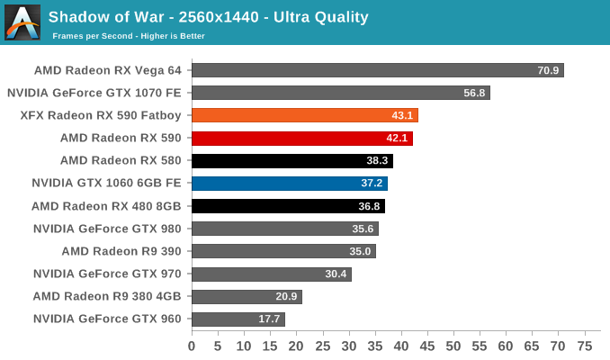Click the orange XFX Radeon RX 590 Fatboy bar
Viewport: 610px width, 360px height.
pyautogui.click(x=304, y=115)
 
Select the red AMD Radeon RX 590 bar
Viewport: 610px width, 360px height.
pyautogui.click(x=301, y=138)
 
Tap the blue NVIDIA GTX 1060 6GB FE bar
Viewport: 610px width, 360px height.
pyautogui.click(x=289, y=183)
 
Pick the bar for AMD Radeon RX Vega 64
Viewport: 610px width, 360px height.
pyautogui.click(x=377, y=70)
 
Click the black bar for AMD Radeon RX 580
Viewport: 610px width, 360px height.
pyautogui.click(x=292, y=160)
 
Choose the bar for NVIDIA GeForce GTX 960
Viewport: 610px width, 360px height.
pyautogui.click(x=238, y=319)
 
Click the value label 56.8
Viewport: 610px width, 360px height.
pyautogui.click(x=474, y=93)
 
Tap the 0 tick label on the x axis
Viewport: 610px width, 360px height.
pyautogui.click(x=192, y=346)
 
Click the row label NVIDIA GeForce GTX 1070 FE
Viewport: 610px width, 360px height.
pyautogui.click(x=94, y=93)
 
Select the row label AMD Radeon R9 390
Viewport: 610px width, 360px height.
pyautogui.click(x=121, y=251)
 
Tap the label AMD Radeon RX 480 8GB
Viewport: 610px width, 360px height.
pyautogui.click(x=106, y=206)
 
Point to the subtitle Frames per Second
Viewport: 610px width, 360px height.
pyautogui.click(x=129, y=36)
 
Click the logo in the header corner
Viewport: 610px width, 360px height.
pyautogui.click(x=22, y=22)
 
